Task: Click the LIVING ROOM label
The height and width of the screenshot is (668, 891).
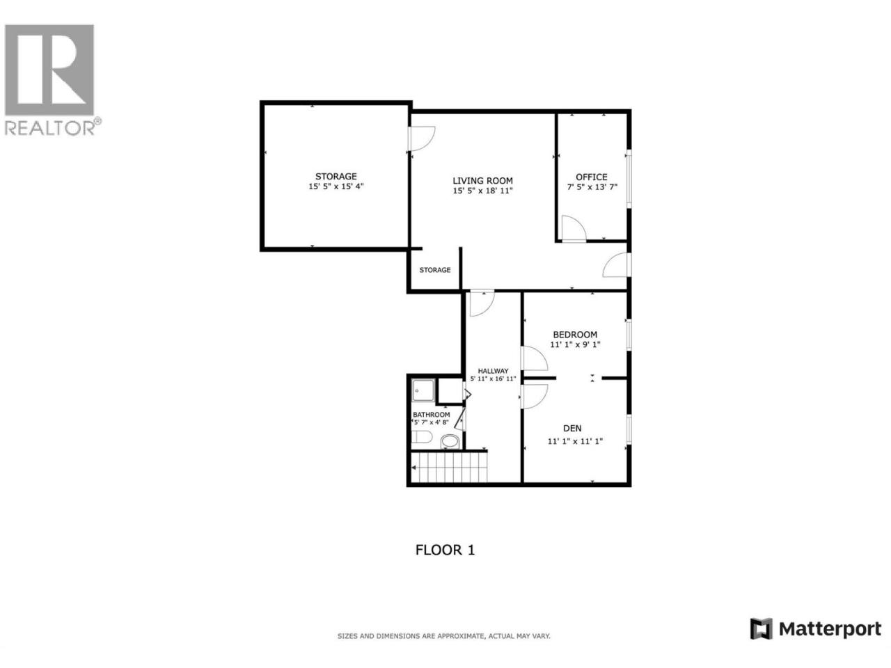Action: click(482, 180)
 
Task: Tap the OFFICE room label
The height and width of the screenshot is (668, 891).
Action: click(592, 177)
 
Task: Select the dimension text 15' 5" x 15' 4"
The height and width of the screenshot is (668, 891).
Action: click(336, 186)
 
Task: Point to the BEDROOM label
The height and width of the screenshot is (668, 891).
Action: click(575, 335)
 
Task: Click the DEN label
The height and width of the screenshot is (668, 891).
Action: click(572, 428)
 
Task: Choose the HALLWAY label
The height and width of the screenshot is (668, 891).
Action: click(493, 371)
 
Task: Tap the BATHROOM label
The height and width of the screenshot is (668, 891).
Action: click(431, 415)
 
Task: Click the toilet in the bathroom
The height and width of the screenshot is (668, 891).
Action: click(422, 437)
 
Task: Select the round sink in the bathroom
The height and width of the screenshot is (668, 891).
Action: click(450, 441)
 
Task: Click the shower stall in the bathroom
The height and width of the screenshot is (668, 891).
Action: click(423, 390)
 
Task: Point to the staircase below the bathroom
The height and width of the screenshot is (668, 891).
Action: click(449, 467)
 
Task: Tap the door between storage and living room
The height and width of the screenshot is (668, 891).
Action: click(422, 138)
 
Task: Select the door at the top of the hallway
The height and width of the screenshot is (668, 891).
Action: click(482, 303)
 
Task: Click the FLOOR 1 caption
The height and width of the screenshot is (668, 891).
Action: click(445, 550)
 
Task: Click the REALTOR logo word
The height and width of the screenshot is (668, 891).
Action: click(50, 128)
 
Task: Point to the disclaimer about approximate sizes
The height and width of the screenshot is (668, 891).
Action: click(443, 637)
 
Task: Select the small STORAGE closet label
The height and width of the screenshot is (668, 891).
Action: click(435, 270)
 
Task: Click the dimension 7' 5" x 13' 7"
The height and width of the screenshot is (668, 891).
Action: click(592, 187)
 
